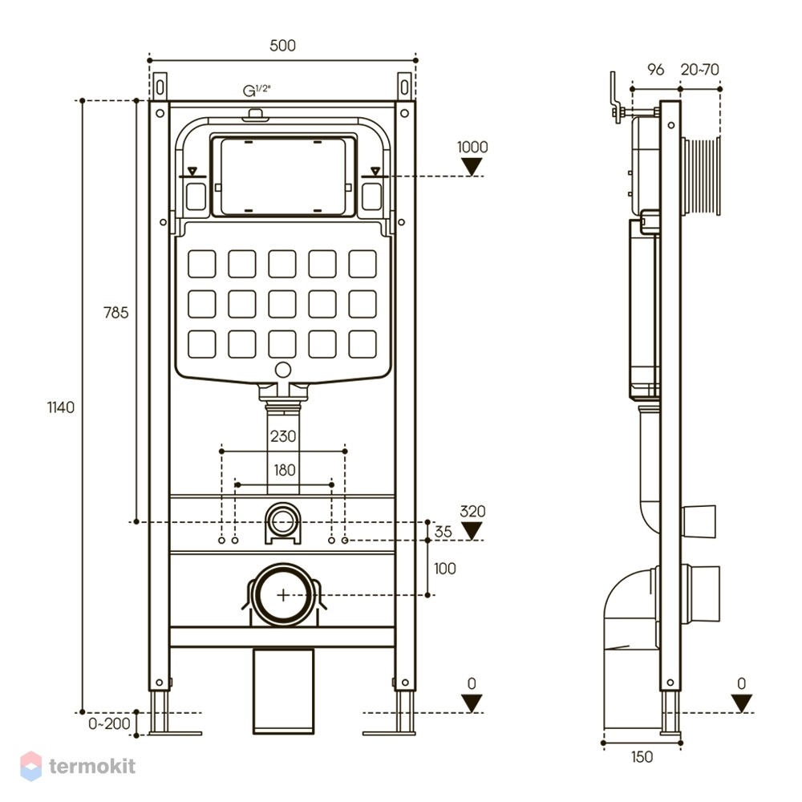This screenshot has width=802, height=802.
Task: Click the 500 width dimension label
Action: (x=282, y=46)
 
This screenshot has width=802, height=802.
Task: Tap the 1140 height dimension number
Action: (x=61, y=407)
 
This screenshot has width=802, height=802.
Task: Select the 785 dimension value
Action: (x=116, y=313)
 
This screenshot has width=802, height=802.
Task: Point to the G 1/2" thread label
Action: (x=257, y=91)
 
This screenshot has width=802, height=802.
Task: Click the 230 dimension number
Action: (x=283, y=436)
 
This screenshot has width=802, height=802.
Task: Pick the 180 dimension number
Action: (x=285, y=470)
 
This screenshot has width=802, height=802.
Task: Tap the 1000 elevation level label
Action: (x=472, y=148)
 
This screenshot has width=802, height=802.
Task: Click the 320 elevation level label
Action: (x=472, y=512)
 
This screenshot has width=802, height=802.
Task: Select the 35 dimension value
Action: (x=443, y=532)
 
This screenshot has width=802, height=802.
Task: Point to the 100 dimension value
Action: (x=444, y=569)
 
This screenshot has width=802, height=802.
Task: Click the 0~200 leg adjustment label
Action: (x=109, y=723)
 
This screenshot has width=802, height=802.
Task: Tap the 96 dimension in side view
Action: (x=655, y=70)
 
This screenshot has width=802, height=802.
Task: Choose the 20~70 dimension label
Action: (x=699, y=70)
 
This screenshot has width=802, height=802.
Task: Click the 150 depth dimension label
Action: (x=642, y=757)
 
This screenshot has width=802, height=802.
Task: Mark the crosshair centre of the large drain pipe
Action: (x=283, y=595)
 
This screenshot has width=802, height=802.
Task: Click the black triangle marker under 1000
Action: (x=472, y=167)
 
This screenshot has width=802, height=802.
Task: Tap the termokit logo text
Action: (x=92, y=766)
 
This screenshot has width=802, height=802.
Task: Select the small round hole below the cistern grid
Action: (x=283, y=370)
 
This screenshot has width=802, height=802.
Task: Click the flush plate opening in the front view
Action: (x=283, y=176)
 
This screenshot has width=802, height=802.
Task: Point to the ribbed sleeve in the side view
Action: (x=701, y=176)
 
